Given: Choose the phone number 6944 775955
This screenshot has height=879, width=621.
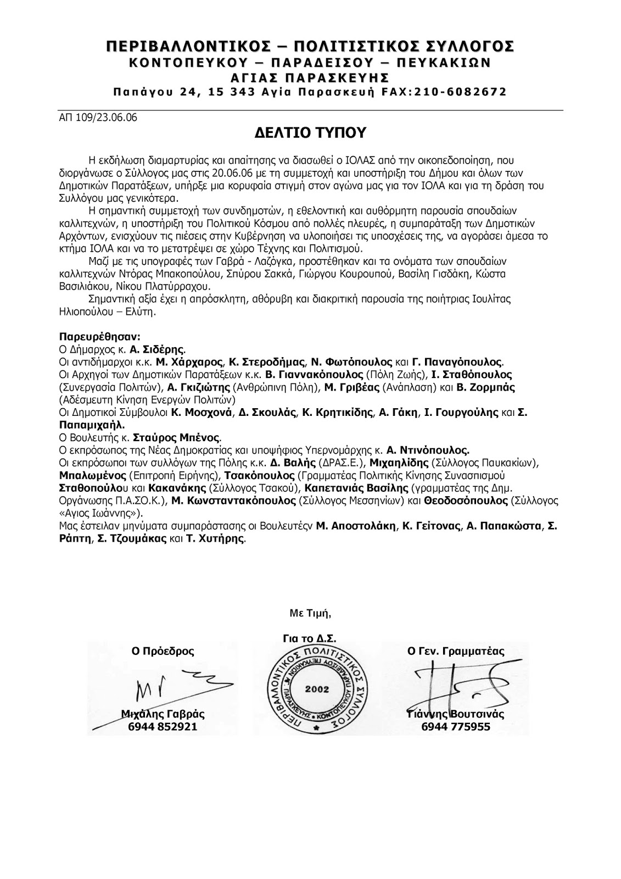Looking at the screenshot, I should (456, 727).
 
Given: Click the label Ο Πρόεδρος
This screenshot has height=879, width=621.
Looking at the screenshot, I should (162, 652).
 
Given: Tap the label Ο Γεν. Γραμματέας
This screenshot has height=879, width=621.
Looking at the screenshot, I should (456, 652).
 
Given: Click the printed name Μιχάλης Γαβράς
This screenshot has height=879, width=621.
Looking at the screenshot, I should (163, 715).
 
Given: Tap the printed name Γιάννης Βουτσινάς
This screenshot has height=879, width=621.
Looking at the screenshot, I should (456, 715).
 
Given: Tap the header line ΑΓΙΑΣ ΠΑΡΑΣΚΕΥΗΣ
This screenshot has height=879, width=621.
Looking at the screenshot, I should (310, 76).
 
